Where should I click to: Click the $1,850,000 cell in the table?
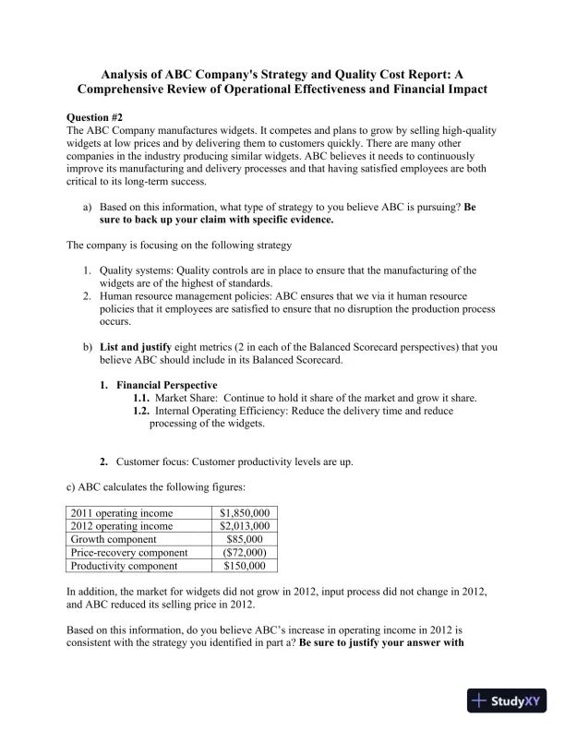(245, 512)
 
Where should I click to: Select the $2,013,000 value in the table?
(245, 525)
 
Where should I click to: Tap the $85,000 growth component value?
(245, 539)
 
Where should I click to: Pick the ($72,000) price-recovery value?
(245, 552)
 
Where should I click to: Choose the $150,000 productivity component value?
(245, 566)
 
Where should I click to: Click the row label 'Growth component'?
(114, 539)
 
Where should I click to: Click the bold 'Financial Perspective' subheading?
(167, 385)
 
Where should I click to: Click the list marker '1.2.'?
(142, 411)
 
